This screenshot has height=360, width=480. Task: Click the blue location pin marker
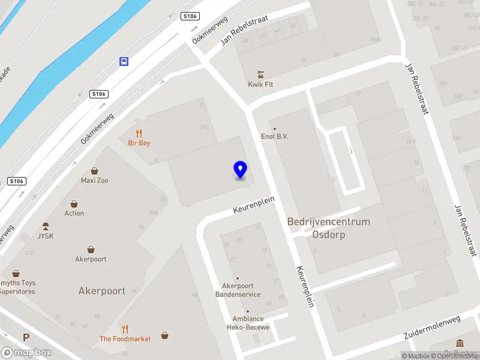(x=240, y=169)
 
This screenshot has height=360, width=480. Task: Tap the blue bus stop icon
(x=124, y=61)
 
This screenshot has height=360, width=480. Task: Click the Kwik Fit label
(x=260, y=85)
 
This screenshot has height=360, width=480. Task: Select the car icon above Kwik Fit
(x=260, y=74)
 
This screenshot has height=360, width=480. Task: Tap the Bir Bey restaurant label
(x=139, y=143)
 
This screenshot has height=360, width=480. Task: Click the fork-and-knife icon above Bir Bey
(x=139, y=133)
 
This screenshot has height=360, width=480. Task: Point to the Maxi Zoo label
(x=95, y=181)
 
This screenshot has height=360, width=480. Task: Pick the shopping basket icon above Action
(x=74, y=204)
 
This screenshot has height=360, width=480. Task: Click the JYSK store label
(x=46, y=236)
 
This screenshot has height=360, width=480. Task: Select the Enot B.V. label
(x=275, y=137)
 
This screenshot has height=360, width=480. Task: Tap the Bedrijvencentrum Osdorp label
(x=328, y=228)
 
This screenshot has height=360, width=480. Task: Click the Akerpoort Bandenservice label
(x=238, y=290)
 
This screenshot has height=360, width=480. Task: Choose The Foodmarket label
(x=125, y=339)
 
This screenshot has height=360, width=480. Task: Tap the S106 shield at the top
(x=190, y=16)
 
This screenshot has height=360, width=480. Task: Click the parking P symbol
(x=26, y=338)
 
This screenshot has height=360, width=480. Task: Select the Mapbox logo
(x=26, y=353)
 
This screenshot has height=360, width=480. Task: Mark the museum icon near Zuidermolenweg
(x=460, y=343)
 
